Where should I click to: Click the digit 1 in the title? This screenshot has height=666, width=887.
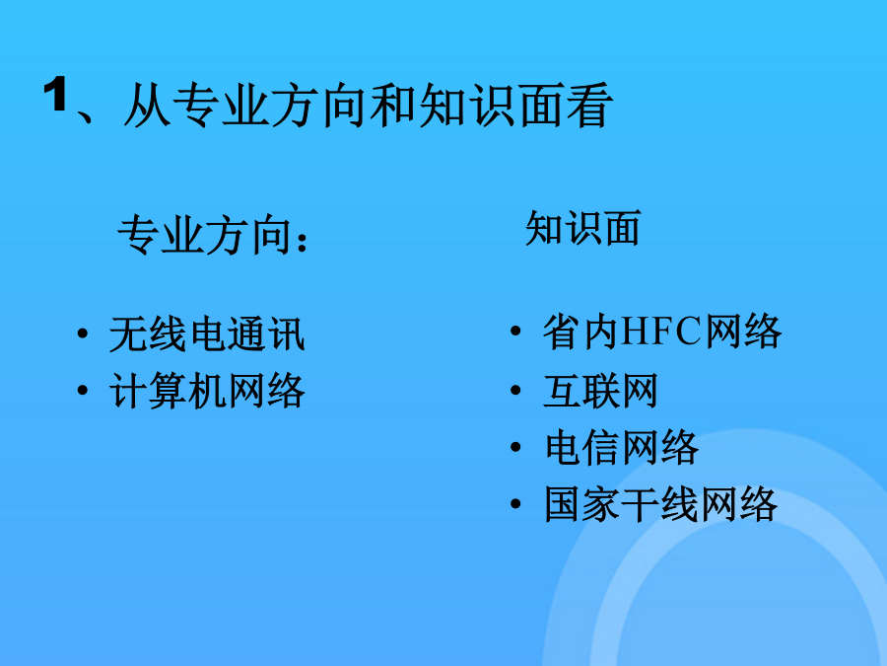55,94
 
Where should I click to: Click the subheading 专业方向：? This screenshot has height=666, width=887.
213,235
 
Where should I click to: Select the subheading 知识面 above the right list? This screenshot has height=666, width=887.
582,228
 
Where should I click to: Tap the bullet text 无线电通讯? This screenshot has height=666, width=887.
207,334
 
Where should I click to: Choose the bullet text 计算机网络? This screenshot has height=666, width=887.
207,391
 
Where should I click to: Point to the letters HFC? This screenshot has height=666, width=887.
661,332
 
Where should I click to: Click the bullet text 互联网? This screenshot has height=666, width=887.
600,390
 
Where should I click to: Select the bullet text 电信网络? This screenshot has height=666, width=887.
621,447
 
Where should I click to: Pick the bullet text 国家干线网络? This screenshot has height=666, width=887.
660,504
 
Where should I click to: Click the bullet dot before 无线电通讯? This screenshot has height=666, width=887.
83,333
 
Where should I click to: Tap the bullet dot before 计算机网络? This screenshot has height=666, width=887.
83,390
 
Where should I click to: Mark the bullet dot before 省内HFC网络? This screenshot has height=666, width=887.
515,331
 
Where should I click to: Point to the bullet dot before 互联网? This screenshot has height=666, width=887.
515,390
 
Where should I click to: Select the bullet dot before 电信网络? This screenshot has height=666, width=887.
515,447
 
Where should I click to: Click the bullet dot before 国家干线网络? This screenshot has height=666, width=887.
515,503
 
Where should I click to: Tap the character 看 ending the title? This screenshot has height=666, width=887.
589,106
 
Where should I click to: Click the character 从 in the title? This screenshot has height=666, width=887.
148,106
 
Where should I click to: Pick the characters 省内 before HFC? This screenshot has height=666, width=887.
580,332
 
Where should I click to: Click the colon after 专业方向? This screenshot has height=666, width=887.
301,240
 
